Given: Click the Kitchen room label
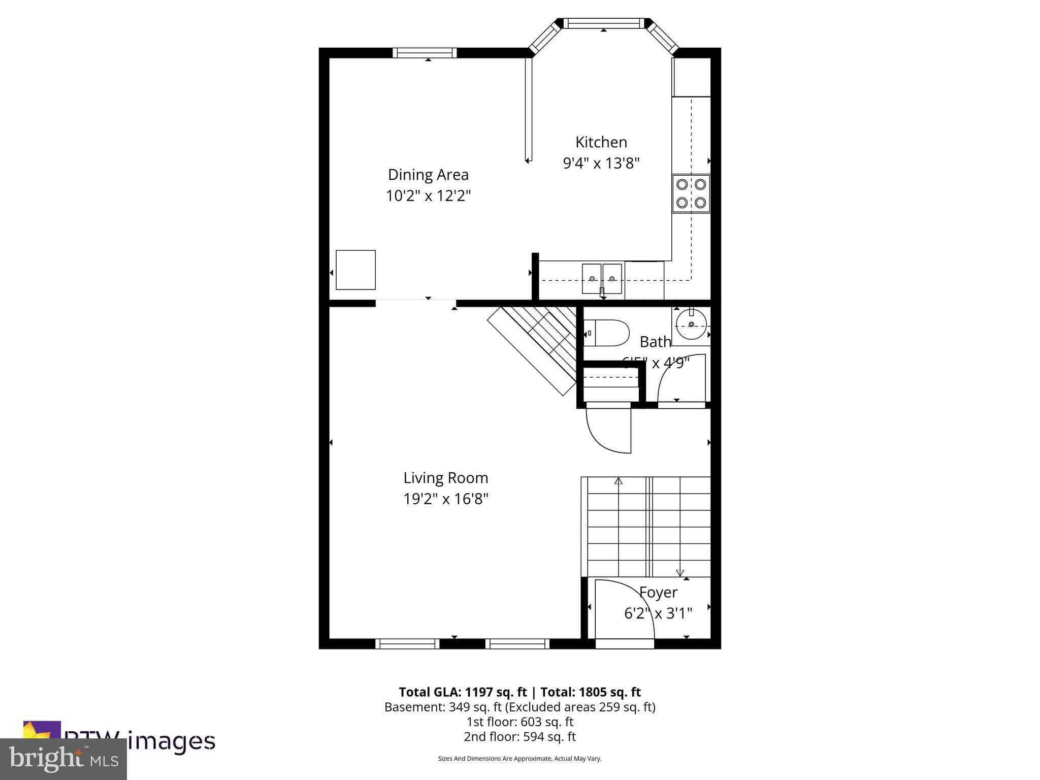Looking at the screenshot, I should pyautogui.click(x=601, y=142).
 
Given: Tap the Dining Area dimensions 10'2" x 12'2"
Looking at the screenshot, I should pyautogui.click(x=428, y=196).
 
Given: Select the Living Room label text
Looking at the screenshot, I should pyautogui.click(x=445, y=478).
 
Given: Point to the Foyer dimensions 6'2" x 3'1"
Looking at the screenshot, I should pyautogui.click(x=658, y=613).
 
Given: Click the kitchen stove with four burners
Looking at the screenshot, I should pyautogui.click(x=691, y=193).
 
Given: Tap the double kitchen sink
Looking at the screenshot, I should pyautogui.click(x=602, y=278).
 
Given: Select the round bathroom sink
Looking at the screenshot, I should pyautogui.click(x=691, y=324).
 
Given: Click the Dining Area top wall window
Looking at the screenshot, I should pyautogui.click(x=425, y=53).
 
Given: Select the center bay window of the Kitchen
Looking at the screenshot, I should pyautogui.click(x=603, y=23).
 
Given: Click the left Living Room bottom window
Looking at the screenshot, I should pyautogui.click(x=407, y=643).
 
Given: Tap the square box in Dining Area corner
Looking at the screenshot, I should pyautogui.click(x=355, y=270).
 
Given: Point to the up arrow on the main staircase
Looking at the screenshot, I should pyautogui.click(x=618, y=481).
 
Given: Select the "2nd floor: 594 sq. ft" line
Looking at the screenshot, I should pyautogui.click(x=519, y=736).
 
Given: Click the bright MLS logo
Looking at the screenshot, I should pyautogui.click(x=63, y=759).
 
